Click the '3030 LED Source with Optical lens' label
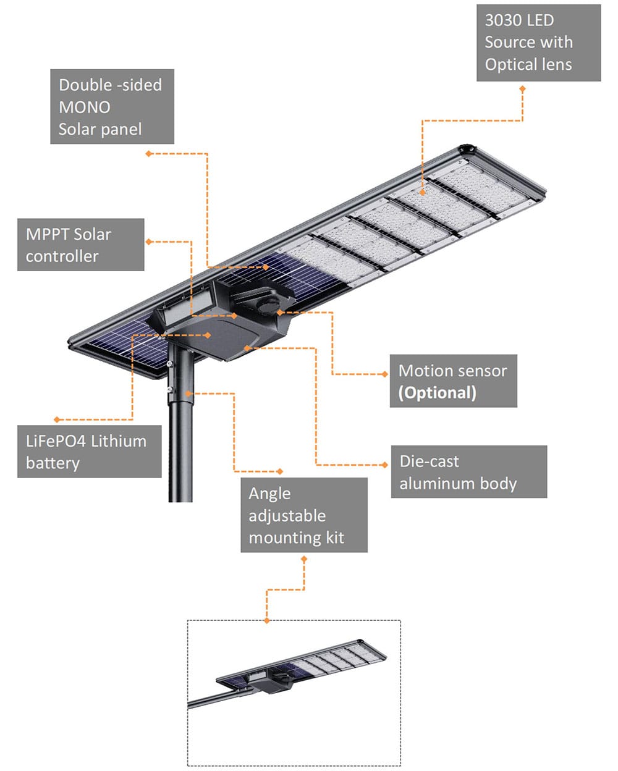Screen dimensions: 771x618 click(538, 42)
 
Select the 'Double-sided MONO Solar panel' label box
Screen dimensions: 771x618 click(112, 107)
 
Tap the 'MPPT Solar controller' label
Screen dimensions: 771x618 click(80, 245)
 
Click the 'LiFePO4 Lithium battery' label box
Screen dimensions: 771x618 click(89, 452)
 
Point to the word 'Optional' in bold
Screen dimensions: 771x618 click(438, 393)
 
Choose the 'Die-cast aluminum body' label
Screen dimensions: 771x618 click(468, 472)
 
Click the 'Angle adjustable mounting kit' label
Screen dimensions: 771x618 click(304, 515)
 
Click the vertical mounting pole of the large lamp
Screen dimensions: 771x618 click(181, 432)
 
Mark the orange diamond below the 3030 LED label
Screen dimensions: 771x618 click(522, 89)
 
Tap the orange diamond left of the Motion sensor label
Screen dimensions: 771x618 click(386, 374)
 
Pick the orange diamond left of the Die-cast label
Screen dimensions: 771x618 click(386, 465)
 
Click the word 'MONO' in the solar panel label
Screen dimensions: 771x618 click(85, 107)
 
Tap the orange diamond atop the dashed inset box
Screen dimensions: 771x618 click(267, 620)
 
